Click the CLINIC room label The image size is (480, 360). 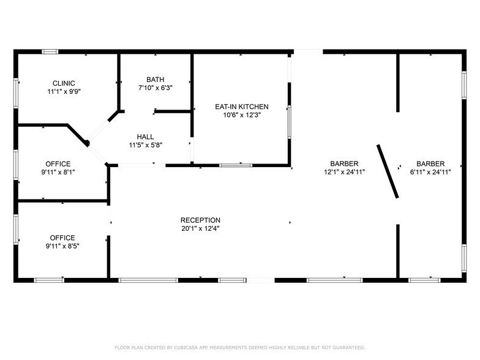pos(64,83)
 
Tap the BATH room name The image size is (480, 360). pos(155,80)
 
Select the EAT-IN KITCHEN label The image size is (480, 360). pos(241,107)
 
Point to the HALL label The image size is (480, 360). pos(145,137)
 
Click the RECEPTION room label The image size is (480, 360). pos(200,220)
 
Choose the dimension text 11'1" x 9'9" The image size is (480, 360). pos(64,91)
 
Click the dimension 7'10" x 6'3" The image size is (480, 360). pos(155,88)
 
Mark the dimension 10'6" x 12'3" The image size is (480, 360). pos(241,114)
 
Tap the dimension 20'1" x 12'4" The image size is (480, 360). pos(200,228)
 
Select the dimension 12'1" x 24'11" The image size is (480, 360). pos(344,172)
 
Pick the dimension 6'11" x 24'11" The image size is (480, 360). pos(430,172)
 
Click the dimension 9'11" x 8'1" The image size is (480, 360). pos(58,172)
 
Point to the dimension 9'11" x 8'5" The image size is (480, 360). pos(62,246)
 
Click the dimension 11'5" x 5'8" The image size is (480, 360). pos(145,145)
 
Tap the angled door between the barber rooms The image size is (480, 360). pos(388,171)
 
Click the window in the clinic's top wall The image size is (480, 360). pos(50,51)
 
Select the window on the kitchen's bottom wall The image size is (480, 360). pos(236,165)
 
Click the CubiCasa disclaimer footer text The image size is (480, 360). pos(239,347)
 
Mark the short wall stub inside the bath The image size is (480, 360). pos(173,111)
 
